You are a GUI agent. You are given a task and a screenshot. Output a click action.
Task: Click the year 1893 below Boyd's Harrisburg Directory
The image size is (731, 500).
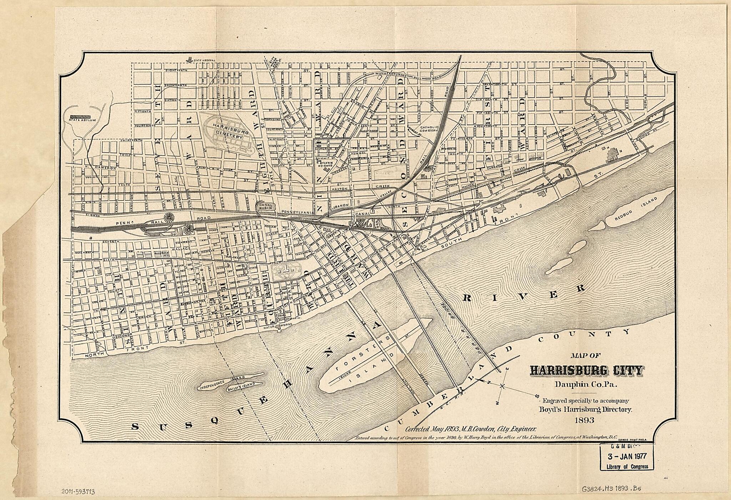point(584,420)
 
